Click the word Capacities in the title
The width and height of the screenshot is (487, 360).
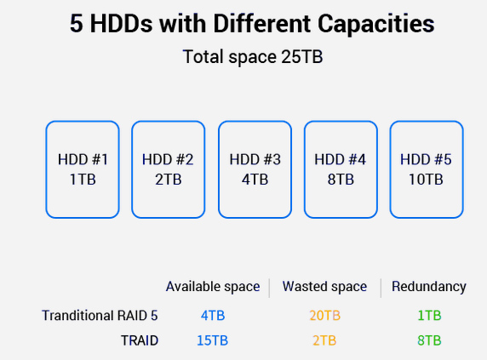[x=375, y=24]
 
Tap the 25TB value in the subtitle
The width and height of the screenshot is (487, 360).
[x=302, y=56]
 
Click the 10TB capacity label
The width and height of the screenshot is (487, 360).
[x=426, y=180]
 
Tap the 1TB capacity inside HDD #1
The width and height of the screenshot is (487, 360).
[x=83, y=180]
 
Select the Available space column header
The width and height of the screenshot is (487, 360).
[x=213, y=287]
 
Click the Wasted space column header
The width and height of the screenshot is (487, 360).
[x=324, y=287]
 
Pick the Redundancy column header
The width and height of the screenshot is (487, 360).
[x=429, y=287]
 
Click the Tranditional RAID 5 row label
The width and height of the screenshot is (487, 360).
[x=100, y=316]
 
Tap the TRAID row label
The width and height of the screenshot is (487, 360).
[x=140, y=340]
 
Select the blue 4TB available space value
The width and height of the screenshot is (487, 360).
[x=213, y=316]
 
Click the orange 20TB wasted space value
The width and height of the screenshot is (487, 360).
[x=325, y=316]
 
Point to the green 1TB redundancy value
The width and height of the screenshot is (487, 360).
[x=429, y=316]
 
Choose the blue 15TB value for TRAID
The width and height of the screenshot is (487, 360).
[x=213, y=340]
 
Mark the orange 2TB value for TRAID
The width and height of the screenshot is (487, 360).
[x=324, y=340]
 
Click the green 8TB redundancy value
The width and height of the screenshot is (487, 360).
[x=429, y=340]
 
